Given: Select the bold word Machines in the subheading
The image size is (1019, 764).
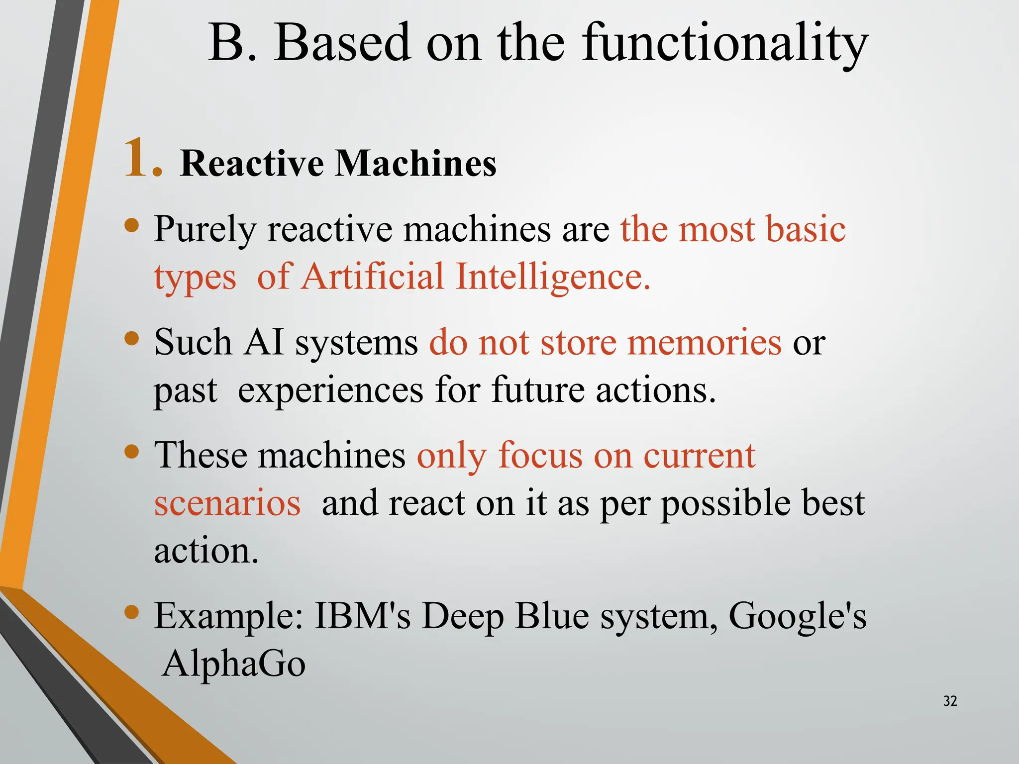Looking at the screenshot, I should click(x=415, y=163).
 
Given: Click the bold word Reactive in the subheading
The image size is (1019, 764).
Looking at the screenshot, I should click(x=252, y=163).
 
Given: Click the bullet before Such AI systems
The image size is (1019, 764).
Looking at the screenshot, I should click(x=131, y=339).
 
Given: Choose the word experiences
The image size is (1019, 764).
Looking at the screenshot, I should click(x=331, y=390).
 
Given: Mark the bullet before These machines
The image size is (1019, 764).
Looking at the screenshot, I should click(x=131, y=452).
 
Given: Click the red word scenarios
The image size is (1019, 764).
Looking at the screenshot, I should click(x=227, y=503).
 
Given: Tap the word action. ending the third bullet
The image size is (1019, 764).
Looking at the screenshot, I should click(x=206, y=551).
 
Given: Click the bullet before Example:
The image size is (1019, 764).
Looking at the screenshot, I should click(x=131, y=612).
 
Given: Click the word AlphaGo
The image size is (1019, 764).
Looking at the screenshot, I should click(x=234, y=664).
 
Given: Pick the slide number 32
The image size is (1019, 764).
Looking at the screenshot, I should click(x=950, y=701).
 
